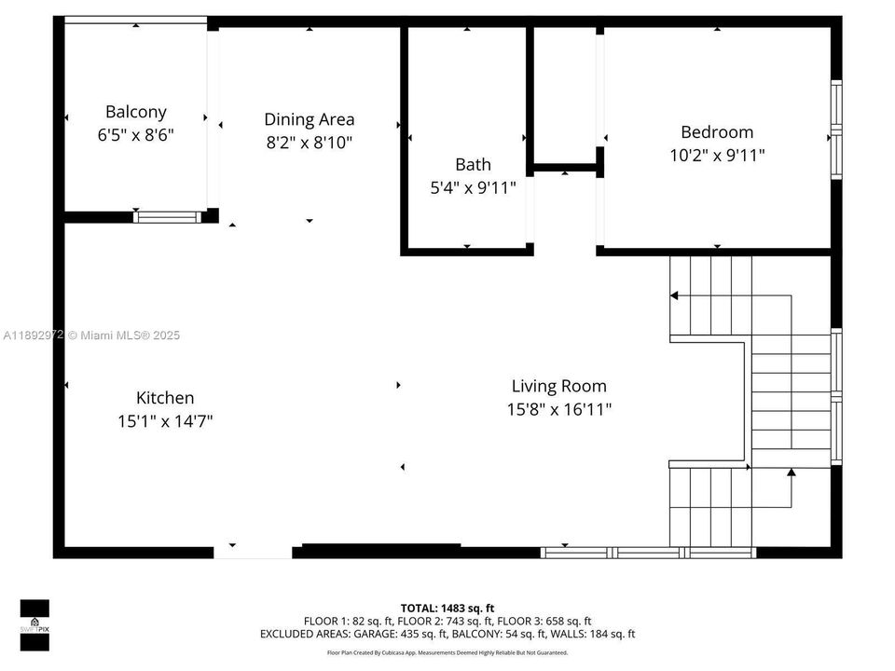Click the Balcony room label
pos(136,112)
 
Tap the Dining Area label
pos(309,119)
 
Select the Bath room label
pos(473,165)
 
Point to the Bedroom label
pos(717,132)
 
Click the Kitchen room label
pos(165,398)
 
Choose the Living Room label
pos(558,386)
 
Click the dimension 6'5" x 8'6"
pos(136,135)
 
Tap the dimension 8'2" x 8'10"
pos(309,143)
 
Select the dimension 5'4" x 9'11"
pos(473,187)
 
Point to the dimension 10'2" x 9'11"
pos(717,156)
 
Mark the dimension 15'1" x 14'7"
pos(165,421)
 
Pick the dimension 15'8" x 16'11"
pos(558,409)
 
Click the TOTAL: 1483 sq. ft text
pos(447,607)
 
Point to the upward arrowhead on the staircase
pos(791,473)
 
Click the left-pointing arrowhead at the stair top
pos(674,295)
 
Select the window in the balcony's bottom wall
pos(167,217)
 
